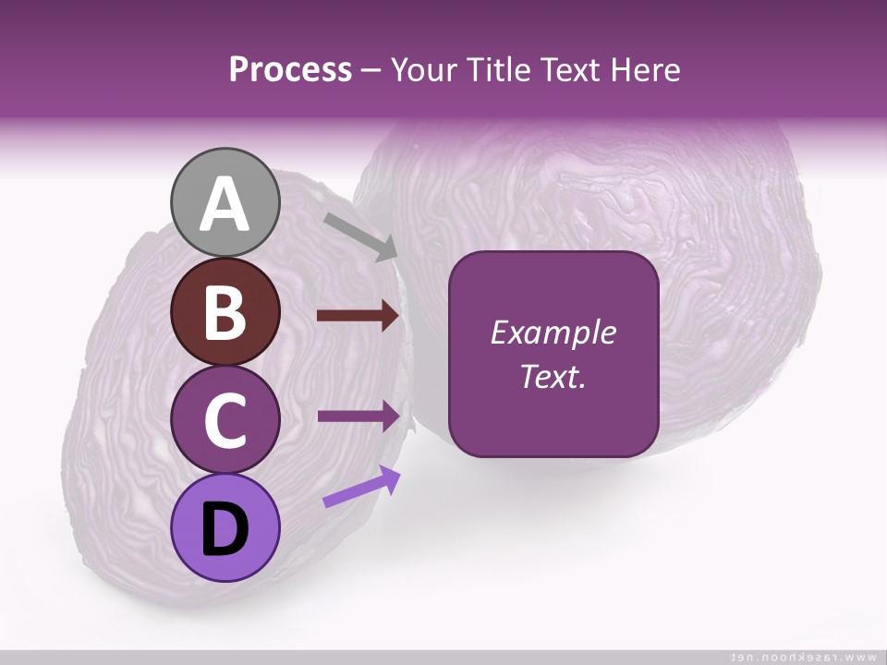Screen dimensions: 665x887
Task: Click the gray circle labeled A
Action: click(x=225, y=202)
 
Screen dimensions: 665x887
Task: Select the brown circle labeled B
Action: click(x=225, y=312)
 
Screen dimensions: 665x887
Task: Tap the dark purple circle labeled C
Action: click(x=225, y=419)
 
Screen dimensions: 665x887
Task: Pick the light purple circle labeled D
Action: click(x=225, y=527)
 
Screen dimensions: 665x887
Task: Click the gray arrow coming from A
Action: click(x=361, y=236)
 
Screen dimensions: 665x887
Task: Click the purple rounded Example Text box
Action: click(x=553, y=354)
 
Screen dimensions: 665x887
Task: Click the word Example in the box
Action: click(x=553, y=332)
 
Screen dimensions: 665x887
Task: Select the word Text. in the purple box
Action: click(x=553, y=377)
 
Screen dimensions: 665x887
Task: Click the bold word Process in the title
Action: click(x=290, y=69)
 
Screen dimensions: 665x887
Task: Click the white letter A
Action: click(x=225, y=204)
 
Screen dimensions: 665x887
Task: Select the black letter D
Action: click(x=225, y=529)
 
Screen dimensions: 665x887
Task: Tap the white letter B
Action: click(x=225, y=312)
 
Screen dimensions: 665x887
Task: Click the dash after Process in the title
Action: click(x=371, y=71)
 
